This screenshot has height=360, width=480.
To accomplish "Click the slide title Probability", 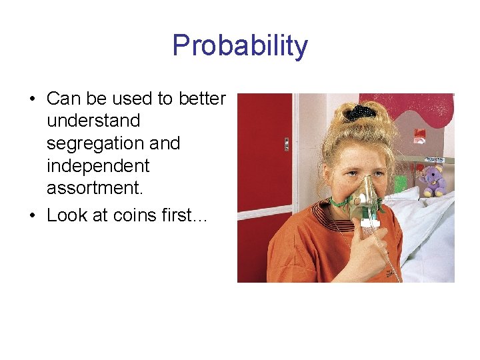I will pos(240,46).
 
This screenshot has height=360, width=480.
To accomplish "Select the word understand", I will pos(93,121).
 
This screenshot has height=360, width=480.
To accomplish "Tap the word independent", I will pos(98,165).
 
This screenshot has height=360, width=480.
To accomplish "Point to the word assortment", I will pos(94,188).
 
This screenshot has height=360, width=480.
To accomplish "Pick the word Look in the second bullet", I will pos(65,215).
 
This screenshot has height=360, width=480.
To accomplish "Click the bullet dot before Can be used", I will pos(31,100).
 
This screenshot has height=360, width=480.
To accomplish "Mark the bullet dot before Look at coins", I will pos(31,216).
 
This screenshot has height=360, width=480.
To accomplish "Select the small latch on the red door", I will pos(287,145).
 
